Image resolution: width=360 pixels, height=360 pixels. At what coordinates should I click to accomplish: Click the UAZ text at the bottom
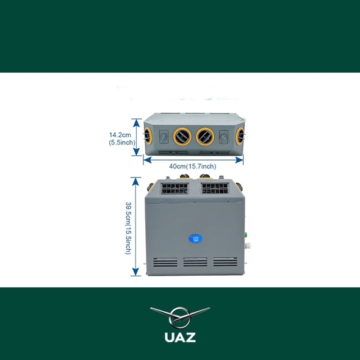tap(180, 337)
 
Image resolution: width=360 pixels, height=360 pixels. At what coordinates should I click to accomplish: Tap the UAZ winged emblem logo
tap(180, 317)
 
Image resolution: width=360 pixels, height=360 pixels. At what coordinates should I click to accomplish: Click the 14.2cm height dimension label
tap(120, 135)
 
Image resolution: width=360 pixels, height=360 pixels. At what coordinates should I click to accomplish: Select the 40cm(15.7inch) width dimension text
tap(193, 166)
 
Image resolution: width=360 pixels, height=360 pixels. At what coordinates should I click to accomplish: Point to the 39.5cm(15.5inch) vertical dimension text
tap(128, 228)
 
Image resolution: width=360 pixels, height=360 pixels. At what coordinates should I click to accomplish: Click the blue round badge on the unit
tap(195, 239)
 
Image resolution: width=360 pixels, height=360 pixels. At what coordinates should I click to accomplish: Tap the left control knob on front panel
tap(164, 137)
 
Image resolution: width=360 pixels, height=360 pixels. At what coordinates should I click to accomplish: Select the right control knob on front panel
tap(223, 137)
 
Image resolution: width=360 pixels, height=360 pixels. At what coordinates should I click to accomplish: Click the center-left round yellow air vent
tap(182, 137)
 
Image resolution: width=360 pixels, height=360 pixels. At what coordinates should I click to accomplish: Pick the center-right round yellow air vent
tap(205, 137)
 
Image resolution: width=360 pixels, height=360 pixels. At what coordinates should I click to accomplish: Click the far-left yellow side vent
tap(147, 135)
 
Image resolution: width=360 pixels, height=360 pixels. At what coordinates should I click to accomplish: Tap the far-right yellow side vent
tap(240, 135)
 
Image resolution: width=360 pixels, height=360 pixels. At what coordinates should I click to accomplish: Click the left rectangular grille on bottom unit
tap(175, 189)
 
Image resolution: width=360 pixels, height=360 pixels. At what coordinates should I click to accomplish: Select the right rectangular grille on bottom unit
tap(215, 189)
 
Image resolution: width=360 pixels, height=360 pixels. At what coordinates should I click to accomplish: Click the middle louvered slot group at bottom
tap(195, 262)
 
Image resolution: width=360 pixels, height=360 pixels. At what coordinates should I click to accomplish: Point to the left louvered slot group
tap(165, 262)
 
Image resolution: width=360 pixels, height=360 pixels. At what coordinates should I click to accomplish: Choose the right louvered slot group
tap(225, 262)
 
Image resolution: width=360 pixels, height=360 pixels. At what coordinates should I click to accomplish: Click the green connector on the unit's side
tap(245, 235)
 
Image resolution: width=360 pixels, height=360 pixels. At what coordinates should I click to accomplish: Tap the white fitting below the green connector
tap(248, 246)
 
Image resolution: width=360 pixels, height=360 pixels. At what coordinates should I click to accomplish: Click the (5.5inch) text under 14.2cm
tap(122, 142)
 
